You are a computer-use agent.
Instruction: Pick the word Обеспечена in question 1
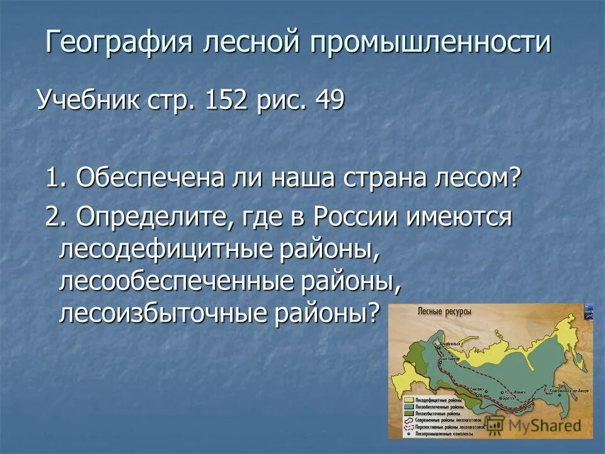[x=151, y=178]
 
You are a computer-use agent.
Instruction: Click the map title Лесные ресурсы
[x=444, y=311]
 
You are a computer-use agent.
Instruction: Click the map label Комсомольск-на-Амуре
[x=567, y=391]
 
